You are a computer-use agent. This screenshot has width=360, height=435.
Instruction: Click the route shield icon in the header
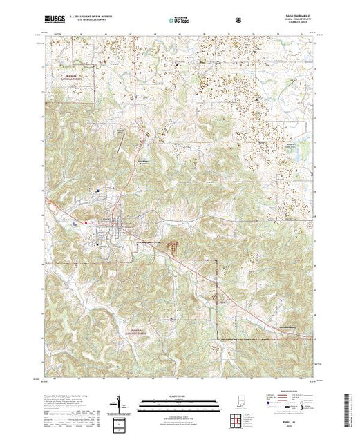point(238,20)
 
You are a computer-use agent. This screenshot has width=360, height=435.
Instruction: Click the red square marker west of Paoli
point(85,222)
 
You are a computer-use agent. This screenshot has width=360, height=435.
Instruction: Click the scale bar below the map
point(178,403)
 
